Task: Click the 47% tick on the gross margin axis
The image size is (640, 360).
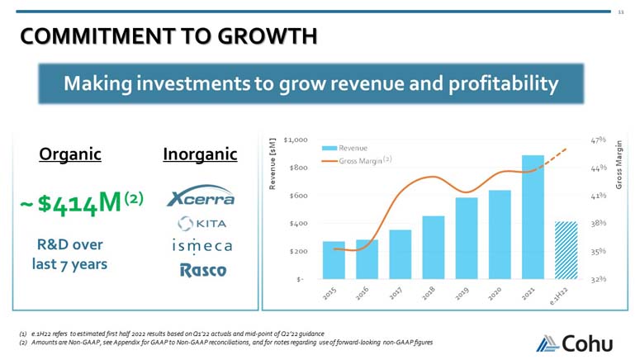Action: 600,140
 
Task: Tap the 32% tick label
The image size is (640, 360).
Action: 600,278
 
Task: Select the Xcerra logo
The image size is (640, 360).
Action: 200,197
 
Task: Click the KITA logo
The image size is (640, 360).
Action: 201,223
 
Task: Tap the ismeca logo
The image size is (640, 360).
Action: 201,246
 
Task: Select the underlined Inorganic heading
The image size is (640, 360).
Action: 200,154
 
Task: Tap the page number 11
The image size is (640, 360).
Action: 622,12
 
